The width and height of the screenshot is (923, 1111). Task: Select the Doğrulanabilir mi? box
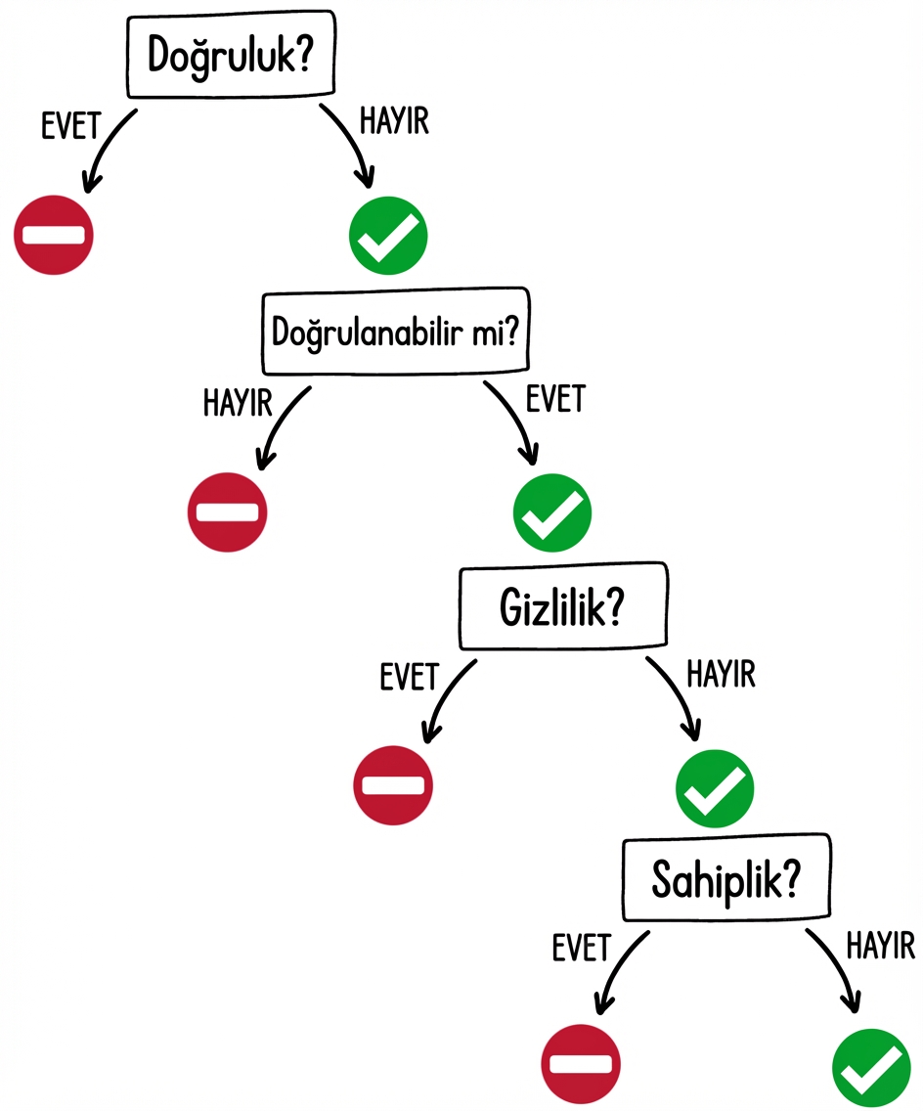[x=395, y=333]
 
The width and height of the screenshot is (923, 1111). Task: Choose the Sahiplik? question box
[x=725, y=882]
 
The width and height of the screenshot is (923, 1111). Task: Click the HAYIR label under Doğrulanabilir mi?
[x=237, y=402]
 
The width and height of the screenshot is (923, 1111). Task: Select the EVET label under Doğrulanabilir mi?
[x=554, y=398]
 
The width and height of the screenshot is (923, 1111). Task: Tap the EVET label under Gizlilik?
[x=410, y=677]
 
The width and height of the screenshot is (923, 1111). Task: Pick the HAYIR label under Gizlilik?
[x=722, y=674]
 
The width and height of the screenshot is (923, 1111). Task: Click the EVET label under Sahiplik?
[x=582, y=948]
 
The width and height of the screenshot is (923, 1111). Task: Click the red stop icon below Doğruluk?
[x=54, y=235]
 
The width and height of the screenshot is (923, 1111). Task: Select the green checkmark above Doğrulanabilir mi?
[x=388, y=235]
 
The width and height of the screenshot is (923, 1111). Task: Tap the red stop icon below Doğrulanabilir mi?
[x=227, y=511]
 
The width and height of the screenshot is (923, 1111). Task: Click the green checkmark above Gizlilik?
[x=552, y=511]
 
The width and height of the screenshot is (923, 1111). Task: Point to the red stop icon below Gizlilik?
[x=393, y=784]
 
